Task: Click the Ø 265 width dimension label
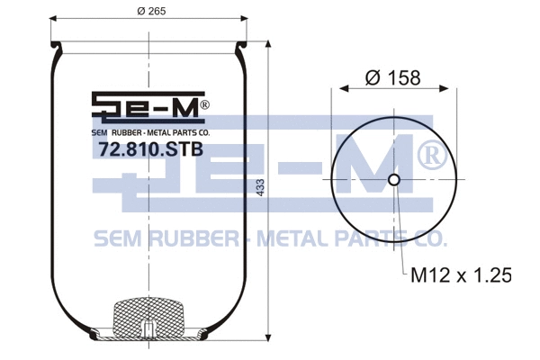click(x=148, y=10)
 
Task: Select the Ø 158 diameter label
click(x=393, y=77)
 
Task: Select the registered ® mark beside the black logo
click(x=204, y=105)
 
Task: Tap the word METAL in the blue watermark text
click(x=292, y=238)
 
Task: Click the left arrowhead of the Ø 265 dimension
click(x=52, y=18)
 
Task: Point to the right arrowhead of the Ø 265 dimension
click(x=245, y=18)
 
